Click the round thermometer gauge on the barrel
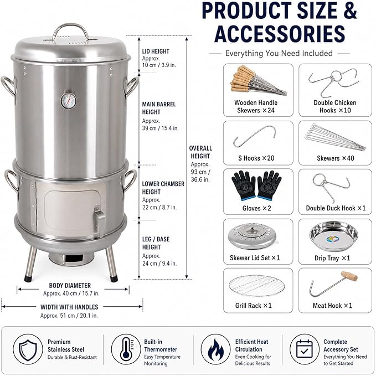(69, 100)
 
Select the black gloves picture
(256, 186)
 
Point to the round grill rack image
(257, 286)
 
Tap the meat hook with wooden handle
(333, 284)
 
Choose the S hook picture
(254, 136)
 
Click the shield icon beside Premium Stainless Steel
(28, 349)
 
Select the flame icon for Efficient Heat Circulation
(215, 349)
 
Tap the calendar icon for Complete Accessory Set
(305, 349)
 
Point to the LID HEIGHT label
(156, 51)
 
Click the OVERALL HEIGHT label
(200, 152)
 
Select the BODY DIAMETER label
(70, 286)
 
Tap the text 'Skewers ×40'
(335, 158)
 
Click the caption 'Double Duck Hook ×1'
(336, 208)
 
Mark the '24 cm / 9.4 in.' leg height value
(159, 264)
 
